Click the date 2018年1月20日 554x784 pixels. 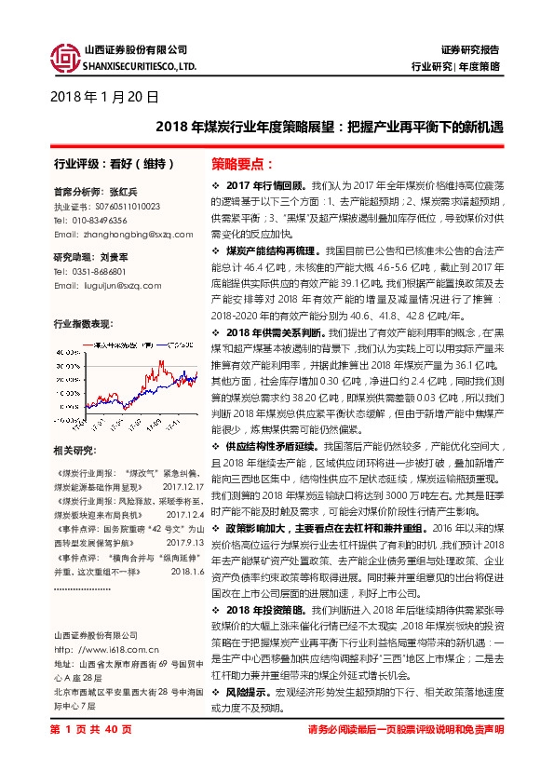tap(101, 96)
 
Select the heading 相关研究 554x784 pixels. tap(74, 451)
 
